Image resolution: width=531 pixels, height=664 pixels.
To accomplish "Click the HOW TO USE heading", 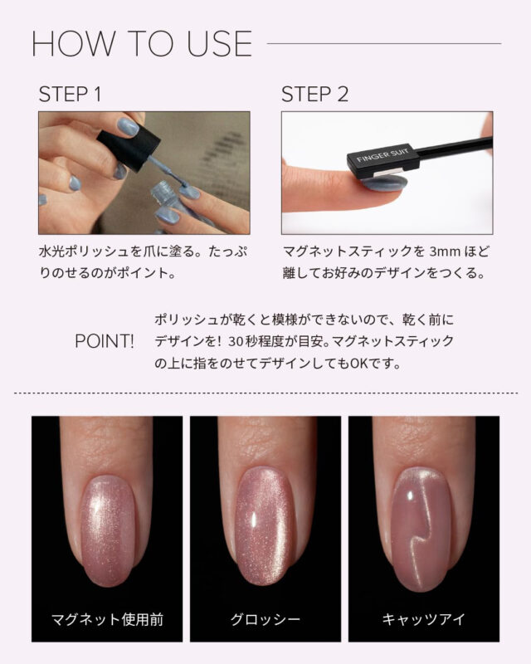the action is [142, 44].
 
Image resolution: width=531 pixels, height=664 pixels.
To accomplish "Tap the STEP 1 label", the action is [70, 94].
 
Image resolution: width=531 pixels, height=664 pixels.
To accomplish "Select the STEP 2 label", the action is [314, 94].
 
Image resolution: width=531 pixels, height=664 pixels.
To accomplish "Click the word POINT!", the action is [105, 341].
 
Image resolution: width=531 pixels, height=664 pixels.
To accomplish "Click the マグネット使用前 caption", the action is [107, 619].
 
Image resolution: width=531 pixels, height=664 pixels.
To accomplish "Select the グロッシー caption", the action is [265, 619].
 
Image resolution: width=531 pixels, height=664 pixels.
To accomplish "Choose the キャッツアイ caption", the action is [423, 619].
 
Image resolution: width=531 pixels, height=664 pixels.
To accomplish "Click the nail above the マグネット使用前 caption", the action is [108, 530].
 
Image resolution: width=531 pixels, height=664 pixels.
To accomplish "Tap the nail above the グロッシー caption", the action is [265, 525].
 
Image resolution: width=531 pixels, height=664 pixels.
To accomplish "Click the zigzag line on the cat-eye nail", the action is [419, 534].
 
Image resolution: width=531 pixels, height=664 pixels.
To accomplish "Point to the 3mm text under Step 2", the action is [444, 251].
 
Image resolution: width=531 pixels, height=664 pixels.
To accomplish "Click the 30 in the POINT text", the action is [236, 341].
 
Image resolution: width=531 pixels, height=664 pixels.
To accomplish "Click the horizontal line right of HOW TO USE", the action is [384, 43].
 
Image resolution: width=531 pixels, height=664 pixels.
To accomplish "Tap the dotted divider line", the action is [265, 393].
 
